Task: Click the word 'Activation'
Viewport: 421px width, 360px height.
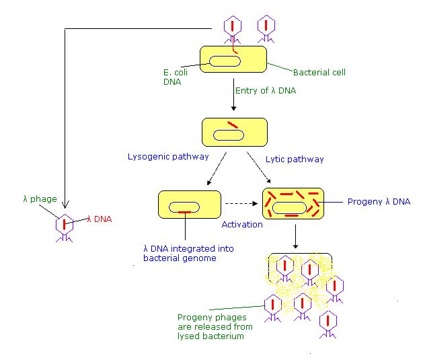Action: click(x=242, y=224)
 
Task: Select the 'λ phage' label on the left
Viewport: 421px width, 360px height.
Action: click(x=39, y=199)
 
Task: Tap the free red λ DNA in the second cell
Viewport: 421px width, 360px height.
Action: click(x=232, y=124)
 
